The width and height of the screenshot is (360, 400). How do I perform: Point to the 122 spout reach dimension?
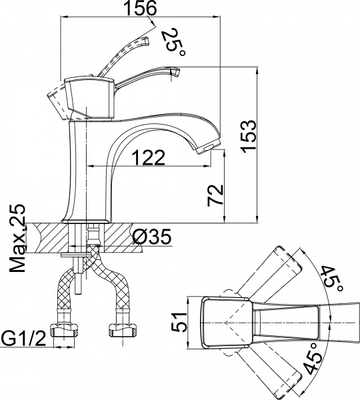(x=147, y=157)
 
